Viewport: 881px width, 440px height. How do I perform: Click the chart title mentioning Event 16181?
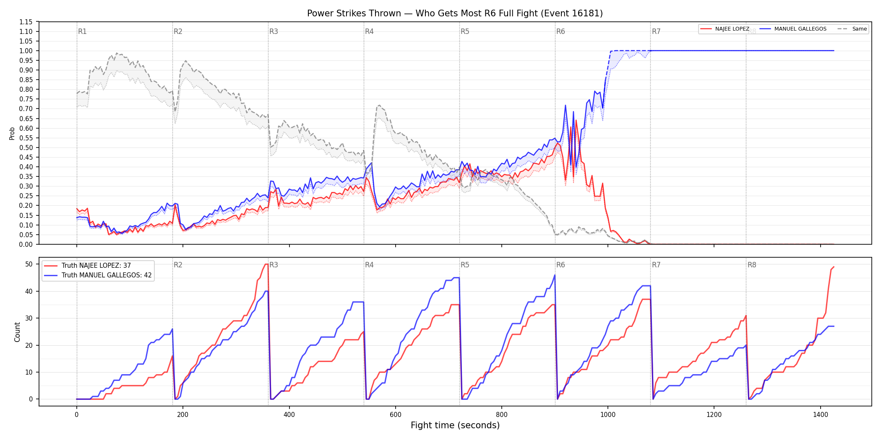click(x=455, y=13)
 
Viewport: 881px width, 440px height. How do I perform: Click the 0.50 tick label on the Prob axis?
click(x=26, y=148)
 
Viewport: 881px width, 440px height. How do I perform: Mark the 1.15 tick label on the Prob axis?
click(x=26, y=22)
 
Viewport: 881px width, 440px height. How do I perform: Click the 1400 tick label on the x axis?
click(x=821, y=415)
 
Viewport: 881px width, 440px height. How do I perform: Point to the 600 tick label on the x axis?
click(x=396, y=415)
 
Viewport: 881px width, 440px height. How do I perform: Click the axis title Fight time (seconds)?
click(x=455, y=425)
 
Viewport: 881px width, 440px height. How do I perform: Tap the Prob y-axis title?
click(x=12, y=133)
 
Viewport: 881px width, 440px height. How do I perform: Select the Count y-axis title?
click(x=17, y=332)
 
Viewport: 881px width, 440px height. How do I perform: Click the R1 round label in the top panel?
click(x=82, y=31)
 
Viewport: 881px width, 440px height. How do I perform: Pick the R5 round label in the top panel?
click(x=465, y=31)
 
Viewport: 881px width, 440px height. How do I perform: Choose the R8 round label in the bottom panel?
click(x=752, y=265)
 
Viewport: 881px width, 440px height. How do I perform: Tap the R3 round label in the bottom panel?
click(x=274, y=265)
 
